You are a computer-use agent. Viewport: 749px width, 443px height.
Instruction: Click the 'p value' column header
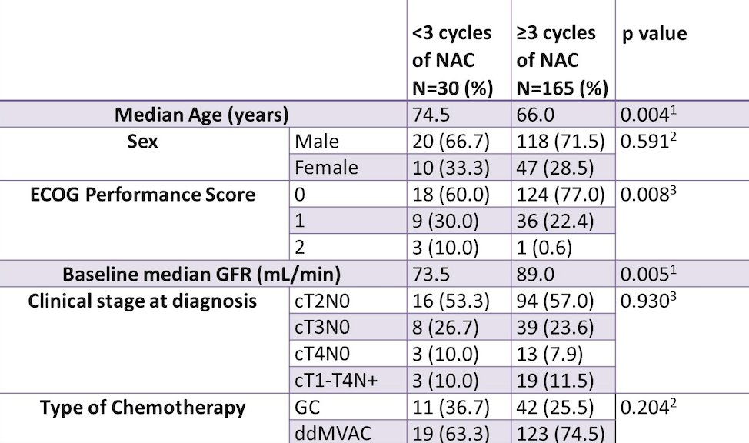654,34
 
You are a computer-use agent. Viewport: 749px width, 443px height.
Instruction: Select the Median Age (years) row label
201,115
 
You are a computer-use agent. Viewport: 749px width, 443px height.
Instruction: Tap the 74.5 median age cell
431,115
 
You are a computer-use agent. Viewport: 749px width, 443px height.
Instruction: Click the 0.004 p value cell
648,115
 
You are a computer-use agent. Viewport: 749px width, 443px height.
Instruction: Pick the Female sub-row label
326,168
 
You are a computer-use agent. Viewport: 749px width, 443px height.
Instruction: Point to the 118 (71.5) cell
561,142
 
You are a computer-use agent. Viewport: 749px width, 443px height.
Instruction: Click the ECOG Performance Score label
142,195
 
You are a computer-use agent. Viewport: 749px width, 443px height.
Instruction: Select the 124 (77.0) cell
561,195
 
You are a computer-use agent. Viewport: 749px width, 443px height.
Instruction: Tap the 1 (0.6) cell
544,248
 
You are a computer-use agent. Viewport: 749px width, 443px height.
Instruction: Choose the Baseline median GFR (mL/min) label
201,275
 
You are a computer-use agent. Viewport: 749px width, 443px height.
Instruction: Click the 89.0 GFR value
535,275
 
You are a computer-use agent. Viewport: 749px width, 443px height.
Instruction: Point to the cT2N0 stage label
322,301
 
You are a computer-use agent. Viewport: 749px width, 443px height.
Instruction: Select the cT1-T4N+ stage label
336,381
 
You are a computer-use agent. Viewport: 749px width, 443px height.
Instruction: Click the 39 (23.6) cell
555,328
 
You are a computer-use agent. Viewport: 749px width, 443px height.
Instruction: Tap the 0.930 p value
648,300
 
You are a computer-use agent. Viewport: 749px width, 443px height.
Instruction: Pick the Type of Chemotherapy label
142,407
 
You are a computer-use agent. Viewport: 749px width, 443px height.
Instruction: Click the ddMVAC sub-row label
333,434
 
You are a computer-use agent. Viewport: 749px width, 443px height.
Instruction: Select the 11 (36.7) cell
451,407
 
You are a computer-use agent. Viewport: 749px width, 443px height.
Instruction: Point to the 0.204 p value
648,407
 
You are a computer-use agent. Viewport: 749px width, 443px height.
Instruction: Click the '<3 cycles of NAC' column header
452,61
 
